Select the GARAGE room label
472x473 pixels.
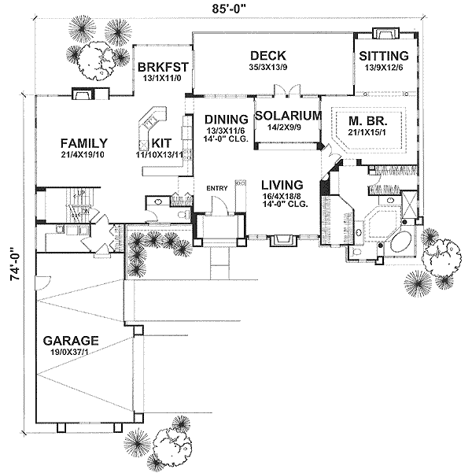(x=71, y=341)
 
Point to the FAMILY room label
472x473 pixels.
(x=83, y=142)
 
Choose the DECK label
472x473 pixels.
(x=267, y=55)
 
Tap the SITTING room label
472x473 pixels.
(x=383, y=56)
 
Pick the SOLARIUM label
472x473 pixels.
(x=288, y=115)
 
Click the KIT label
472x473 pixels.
(x=161, y=142)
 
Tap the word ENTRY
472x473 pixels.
(x=216, y=188)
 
